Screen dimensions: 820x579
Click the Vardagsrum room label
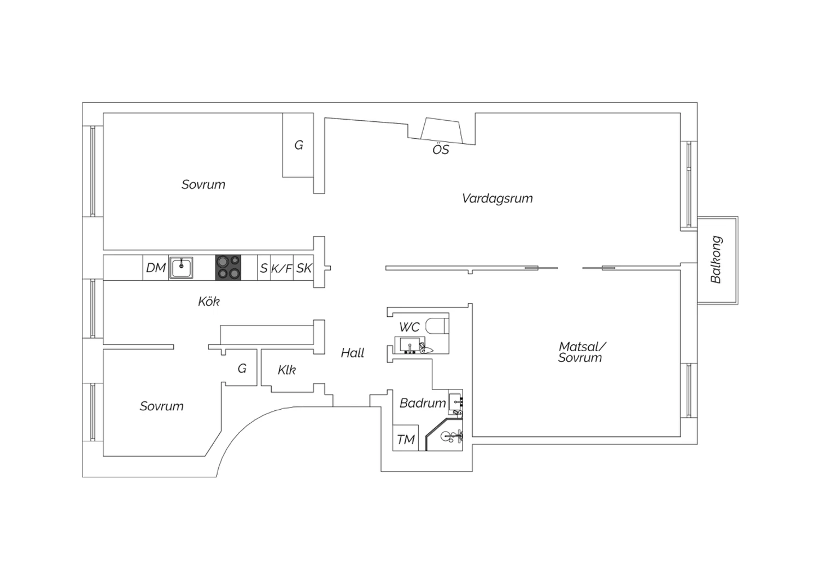497,199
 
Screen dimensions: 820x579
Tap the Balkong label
716,259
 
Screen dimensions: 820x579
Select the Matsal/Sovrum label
581,352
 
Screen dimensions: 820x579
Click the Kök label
209,302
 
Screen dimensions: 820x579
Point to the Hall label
353,353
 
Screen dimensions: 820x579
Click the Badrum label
423,403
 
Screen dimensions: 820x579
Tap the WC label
409,327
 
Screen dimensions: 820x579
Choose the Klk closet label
286,370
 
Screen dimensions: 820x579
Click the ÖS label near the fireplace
441,150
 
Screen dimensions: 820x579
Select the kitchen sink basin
181,268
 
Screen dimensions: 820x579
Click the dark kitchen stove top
228,268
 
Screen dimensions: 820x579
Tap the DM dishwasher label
156,268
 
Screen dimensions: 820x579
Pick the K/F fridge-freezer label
282,268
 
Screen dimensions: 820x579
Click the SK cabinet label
304,268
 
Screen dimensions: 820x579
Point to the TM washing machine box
406,438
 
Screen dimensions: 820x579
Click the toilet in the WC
437,326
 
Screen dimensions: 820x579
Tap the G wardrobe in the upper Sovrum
298,145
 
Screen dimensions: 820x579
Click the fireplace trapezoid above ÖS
442,130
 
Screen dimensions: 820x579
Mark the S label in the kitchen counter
263,268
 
